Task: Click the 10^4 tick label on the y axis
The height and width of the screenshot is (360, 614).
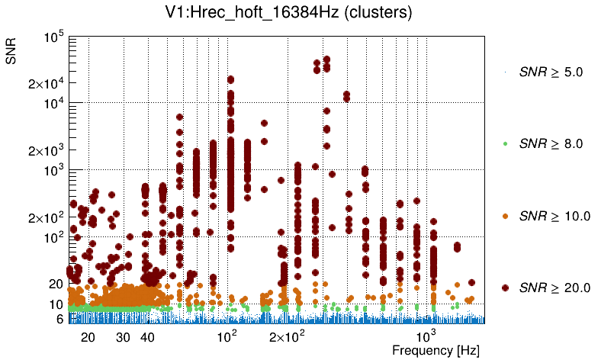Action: point(53,104)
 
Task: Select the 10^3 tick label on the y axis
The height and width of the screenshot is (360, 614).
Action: point(53,172)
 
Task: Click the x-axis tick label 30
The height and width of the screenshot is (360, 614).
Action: point(123,337)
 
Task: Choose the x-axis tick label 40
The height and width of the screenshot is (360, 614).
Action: point(148,337)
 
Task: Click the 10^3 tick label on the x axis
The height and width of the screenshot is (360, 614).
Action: point(425,336)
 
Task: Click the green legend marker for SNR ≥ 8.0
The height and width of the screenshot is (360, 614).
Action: point(505,143)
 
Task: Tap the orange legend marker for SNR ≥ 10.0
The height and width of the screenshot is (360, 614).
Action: point(505,216)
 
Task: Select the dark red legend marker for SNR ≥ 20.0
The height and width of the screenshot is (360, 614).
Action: point(505,288)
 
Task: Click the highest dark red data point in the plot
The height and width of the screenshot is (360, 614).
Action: point(326,59)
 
